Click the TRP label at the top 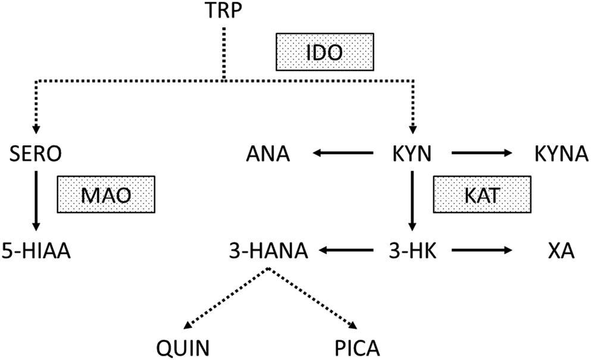pos(223,11)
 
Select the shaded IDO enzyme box pos(323,52)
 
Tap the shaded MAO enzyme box pos(105,195)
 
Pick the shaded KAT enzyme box pos(481,195)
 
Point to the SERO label pos(36,156)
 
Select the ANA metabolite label pos(267,156)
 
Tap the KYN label pos(412,156)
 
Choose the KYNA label pos(554,156)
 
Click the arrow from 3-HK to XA pos(481,250)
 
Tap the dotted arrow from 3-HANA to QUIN pos(226,297)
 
